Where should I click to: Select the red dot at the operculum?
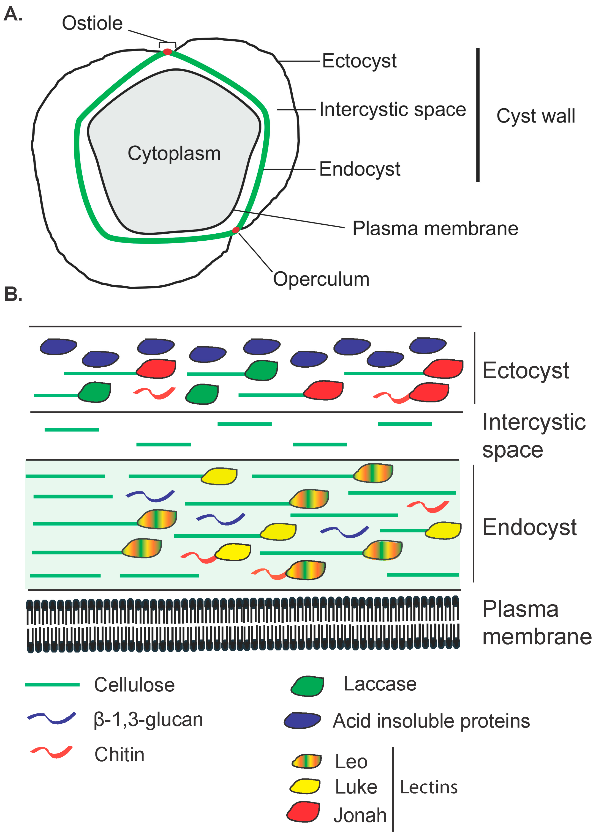click(236, 230)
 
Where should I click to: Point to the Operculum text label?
click(321, 279)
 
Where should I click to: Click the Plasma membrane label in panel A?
click(435, 228)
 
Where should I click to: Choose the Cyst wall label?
click(535, 116)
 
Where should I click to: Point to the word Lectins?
click(428, 787)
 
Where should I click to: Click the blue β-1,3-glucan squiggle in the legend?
click(52, 718)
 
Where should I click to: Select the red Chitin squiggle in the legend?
click(52, 752)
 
